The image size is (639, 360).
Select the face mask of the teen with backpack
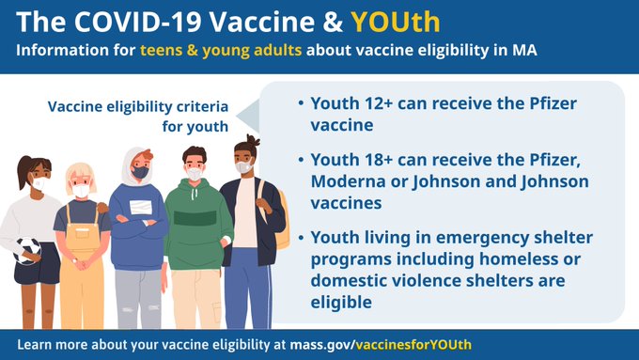click(x=244, y=166)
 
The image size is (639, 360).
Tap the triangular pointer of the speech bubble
click(x=247, y=117)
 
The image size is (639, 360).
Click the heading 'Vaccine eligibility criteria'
click(x=141, y=105)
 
